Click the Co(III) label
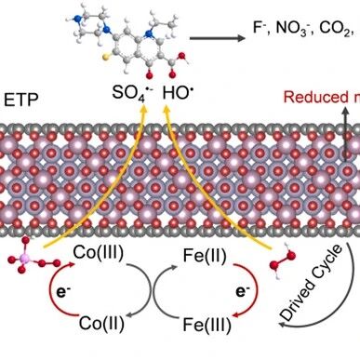pos(99,253)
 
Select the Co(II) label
pos(101,324)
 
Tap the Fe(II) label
pos(205,256)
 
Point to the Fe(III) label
pos(207,325)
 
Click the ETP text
pos(21,100)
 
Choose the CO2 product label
pos(334,29)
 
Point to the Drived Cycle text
pos(311,283)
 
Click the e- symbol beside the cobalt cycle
pos(62,292)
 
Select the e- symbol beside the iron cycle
pos(243,291)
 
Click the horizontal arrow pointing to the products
pos(217,38)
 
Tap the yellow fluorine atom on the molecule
pos(106,57)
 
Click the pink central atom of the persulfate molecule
pos(25,258)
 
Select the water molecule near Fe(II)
pos(282,260)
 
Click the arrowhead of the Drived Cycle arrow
pos(281,324)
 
